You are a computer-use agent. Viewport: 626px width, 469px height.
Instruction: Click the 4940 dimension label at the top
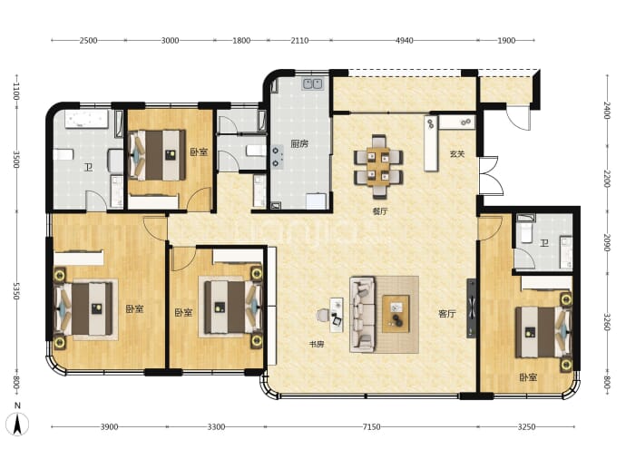tap(404, 40)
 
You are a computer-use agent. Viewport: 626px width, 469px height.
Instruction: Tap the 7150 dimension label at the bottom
tap(371, 426)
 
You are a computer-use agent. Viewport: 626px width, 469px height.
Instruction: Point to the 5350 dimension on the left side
tap(16, 291)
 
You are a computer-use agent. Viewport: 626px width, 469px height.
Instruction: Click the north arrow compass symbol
tap(17, 424)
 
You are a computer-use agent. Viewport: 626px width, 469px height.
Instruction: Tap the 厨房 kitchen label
tap(299, 143)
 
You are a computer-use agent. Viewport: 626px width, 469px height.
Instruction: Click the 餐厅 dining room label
tap(380, 211)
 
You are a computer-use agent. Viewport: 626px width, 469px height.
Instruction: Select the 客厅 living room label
tap(446, 314)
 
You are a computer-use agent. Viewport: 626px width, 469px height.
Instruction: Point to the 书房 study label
tap(317, 344)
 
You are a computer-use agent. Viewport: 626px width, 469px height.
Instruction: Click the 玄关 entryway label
tap(457, 154)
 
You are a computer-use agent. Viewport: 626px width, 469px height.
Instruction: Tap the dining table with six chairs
tap(378, 167)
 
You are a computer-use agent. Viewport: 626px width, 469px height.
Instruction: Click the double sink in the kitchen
tap(313, 83)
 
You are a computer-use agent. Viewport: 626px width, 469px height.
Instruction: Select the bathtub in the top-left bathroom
tap(86, 120)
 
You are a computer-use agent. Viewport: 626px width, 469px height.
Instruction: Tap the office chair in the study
tap(323, 316)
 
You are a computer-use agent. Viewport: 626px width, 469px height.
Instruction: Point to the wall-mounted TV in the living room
tap(472, 308)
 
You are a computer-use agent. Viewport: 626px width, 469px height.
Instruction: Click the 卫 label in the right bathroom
tap(543, 243)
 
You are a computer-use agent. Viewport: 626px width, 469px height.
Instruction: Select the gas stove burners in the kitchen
tap(277, 157)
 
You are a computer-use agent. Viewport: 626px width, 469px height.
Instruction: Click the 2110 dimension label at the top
tap(299, 40)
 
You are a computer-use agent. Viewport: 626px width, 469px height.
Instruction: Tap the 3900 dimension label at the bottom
tap(109, 426)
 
